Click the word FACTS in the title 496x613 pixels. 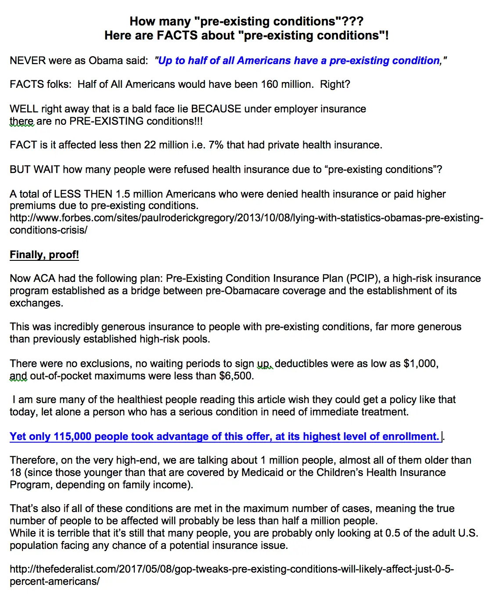tap(177, 35)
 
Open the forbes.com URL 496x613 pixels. tap(246, 218)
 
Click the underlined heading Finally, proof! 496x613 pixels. tap(44, 255)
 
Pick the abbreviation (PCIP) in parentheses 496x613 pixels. tap(362, 278)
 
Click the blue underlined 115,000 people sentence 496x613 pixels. tap(224, 436)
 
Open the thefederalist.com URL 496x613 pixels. tap(231, 570)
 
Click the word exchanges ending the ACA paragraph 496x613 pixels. tap(36, 303)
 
